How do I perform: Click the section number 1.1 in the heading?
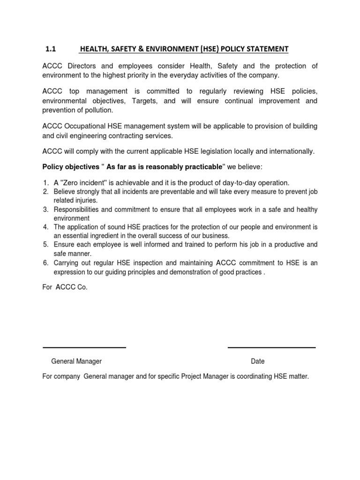click(51, 49)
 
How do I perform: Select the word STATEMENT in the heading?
click(266, 49)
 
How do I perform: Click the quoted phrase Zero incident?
click(84, 182)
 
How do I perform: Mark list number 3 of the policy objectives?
click(46, 210)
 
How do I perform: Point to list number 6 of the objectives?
click(46, 263)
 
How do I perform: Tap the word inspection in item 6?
click(164, 263)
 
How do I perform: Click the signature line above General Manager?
click(84, 347)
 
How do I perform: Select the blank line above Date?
click(271, 347)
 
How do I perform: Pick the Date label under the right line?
click(258, 361)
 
